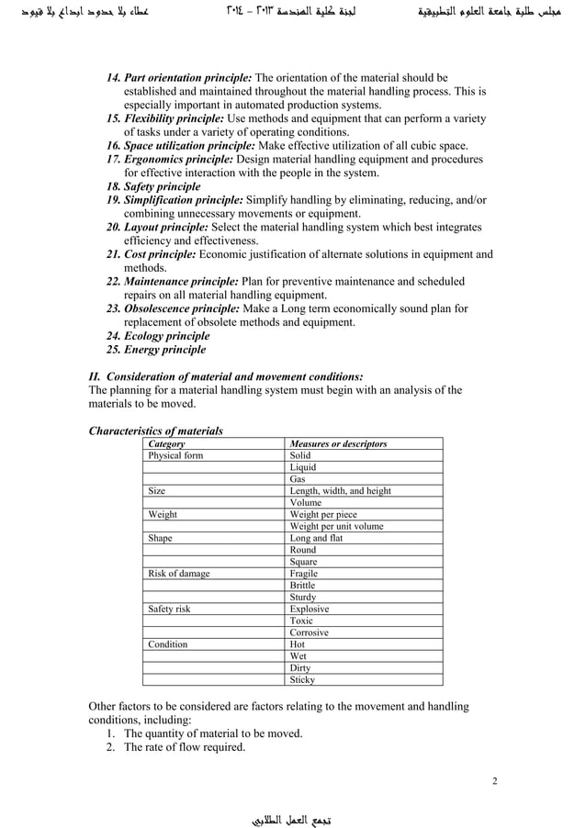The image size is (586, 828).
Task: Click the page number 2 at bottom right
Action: coord(494,781)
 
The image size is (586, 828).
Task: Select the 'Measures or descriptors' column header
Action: coord(338,443)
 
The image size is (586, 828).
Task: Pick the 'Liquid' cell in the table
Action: coord(303,467)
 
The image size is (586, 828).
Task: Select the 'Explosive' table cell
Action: coord(310,609)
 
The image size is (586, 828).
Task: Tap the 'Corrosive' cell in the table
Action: coord(310,632)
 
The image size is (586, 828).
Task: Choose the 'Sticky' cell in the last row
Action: coord(302,680)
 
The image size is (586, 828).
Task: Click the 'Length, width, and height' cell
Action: coord(340,491)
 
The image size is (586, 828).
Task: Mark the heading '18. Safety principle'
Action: coord(153,186)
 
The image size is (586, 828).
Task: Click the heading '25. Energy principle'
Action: coord(155,350)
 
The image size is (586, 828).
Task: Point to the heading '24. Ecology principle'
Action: coord(157,336)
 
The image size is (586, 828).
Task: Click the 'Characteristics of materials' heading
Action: coord(154,431)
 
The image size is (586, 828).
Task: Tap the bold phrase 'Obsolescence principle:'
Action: coord(182,309)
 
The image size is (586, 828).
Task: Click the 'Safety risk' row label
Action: coord(171,609)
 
